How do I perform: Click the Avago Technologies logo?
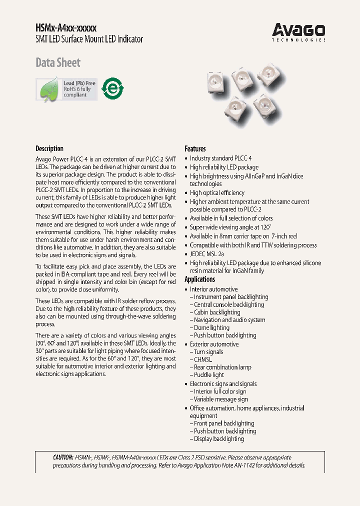pyautogui.click(x=298, y=31)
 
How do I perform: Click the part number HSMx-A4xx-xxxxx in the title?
pyautogui.click(x=66, y=28)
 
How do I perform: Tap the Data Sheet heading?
pyautogui.click(x=58, y=63)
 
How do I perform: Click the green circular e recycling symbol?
pyautogui.click(x=111, y=88)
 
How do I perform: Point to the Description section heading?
pyautogui.click(x=49, y=148)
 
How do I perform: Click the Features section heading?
pyautogui.click(x=195, y=148)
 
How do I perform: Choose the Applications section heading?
pyautogui.click(x=200, y=279)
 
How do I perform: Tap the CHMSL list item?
pyautogui.click(x=202, y=359)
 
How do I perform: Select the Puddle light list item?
pyautogui.click(x=208, y=375)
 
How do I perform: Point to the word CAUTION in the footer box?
pyautogui.click(x=62, y=457)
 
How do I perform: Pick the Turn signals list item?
pyautogui.click(x=207, y=352)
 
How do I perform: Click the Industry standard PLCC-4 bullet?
pyautogui.click(x=220, y=158)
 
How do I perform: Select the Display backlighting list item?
pyautogui.click(x=218, y=439)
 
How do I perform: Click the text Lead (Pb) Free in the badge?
pyautogui.click(x=79, y=83)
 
